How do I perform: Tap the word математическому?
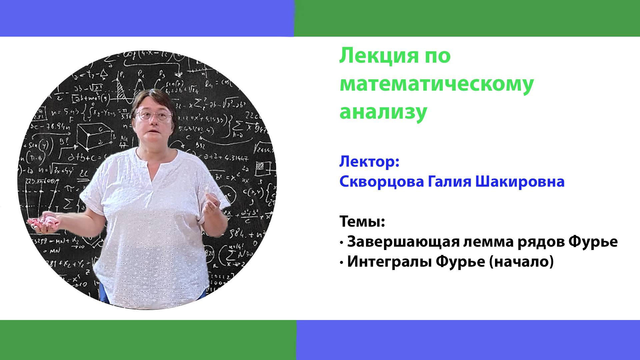tap(437, 85)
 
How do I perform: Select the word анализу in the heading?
tap(383, 112)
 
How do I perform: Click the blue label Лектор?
tap(369, 162)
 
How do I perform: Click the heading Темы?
tap(362, 222)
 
